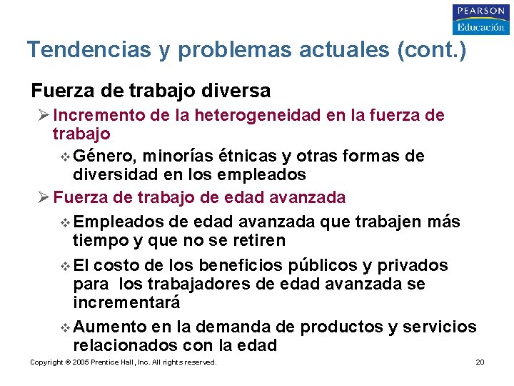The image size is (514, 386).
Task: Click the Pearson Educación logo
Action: point(480,19)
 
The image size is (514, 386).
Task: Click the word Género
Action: point(106,156)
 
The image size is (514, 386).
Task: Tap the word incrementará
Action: point(126,302)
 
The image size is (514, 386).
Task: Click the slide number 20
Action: point(480,362)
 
